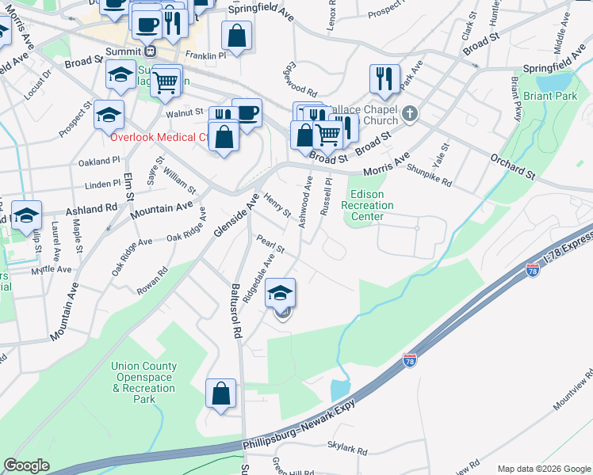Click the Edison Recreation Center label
pos(362,205)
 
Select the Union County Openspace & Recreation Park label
pos(144,382)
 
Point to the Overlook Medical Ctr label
pos(159,136)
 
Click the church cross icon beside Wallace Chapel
pos(409,113)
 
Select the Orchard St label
pos(513,164)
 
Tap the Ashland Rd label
pos(92,209)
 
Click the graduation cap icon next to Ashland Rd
pos(26,215)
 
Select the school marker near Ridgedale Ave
pos(279,293)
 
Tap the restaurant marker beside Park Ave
pos(384,78)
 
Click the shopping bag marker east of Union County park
pos(220,393)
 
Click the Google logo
pos(26,465)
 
